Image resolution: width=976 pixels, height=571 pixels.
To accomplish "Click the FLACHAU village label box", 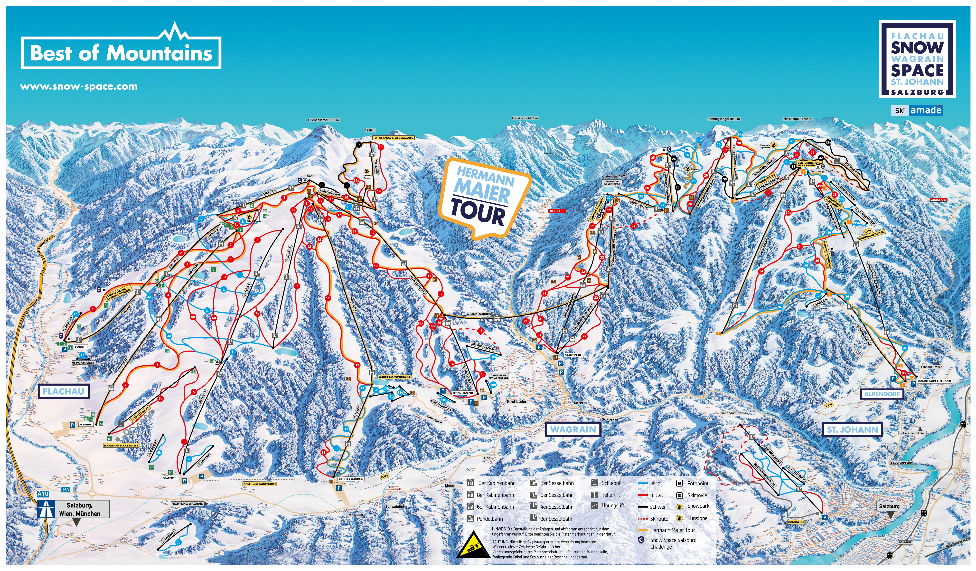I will click(x=63, y=391).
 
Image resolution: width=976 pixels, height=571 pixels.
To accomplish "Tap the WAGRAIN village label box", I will click(x=573, y=429).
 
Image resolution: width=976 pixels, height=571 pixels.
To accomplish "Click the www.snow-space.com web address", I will click(x=79, y=86).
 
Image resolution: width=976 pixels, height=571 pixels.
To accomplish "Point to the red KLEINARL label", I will click(x=557, y=211).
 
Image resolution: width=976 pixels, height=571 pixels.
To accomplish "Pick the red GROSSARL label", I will click(x=939, y=200).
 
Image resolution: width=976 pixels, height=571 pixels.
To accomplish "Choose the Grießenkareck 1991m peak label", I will click(x=323, y=120).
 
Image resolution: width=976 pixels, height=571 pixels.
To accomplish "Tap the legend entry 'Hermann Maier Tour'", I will click(x=672, y=530).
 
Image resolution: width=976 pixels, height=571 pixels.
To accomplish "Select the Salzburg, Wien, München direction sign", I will click(x=79, y=509).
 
